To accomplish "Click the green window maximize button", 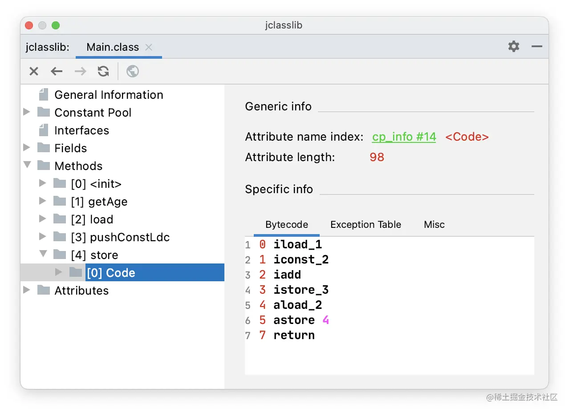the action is click(x=56, y=25).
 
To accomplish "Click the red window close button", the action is click(x=29, y=25).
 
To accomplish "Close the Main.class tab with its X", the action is click(x=149, y=47).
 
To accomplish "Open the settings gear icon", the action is click(x=514, y=46).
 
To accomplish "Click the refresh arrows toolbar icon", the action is click(x=103, y=71).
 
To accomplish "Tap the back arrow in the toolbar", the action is click(x=57, y=71).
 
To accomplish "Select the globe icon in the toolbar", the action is click(x=133, y=71).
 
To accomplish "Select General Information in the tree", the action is click(x=109, y=95).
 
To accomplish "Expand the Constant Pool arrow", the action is click(x=27, y=112).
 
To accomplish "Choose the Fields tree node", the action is click(x=70, y=148).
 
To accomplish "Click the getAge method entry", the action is click(x=99, y=202).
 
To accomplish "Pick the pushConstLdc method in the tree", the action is click(x=120, y=237).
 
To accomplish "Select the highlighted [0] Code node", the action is click(x=111, y=273).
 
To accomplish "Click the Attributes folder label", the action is click(x=81, y=291).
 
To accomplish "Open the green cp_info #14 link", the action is click(x=404, y=137).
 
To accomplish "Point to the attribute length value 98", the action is click(x=377, y=157).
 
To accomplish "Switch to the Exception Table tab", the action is click(x=366, y=225).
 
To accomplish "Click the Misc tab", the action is click(x=434, y=225).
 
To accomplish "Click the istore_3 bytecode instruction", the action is click(x=301, y=290).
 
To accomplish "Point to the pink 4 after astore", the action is click(x=326, y=320).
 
